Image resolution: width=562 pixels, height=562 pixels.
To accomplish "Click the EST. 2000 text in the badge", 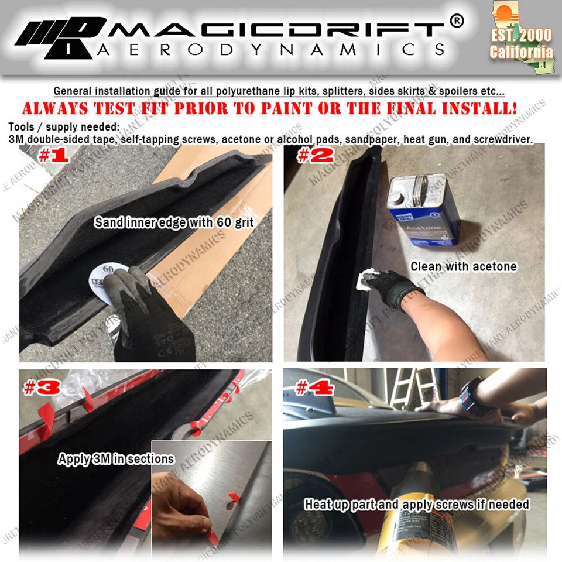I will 521,35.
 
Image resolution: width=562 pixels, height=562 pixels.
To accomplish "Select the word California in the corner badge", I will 521,52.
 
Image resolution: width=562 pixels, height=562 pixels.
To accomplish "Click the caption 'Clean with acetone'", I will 464,267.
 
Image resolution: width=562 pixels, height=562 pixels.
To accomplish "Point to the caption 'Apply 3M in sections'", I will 116,459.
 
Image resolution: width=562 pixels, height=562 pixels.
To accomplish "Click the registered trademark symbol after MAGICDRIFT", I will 457,21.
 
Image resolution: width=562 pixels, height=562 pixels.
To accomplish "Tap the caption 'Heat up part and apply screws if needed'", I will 417,504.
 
